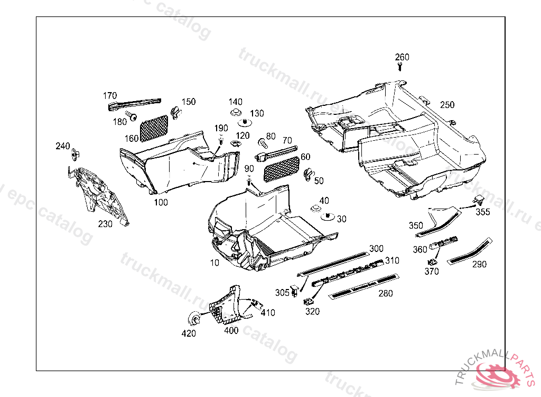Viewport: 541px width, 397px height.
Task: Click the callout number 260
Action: click(x=402, y=57)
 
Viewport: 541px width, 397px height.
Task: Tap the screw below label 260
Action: click(x=400, y=67)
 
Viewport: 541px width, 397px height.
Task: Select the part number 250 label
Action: click(x=447, y=105)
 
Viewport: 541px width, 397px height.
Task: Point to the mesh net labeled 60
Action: click(x=280, y=166)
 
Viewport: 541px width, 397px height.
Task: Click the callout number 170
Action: click(x=110, y=96)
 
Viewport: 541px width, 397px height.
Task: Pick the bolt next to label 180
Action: click(x=132, y=115)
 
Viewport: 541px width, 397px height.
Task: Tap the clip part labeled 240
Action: click(x=76, y=154)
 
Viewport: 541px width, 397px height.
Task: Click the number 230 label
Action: click(x=105, y=224)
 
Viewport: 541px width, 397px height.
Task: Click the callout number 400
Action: click(x=231, y=331)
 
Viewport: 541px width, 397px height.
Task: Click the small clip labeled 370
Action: click(x=433, y=261)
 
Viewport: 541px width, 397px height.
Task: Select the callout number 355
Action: click(x=483, y=212)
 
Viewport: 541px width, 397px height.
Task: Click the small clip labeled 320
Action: click(x=307, y=302)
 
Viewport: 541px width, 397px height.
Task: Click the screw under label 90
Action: click(x=248, y=182)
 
